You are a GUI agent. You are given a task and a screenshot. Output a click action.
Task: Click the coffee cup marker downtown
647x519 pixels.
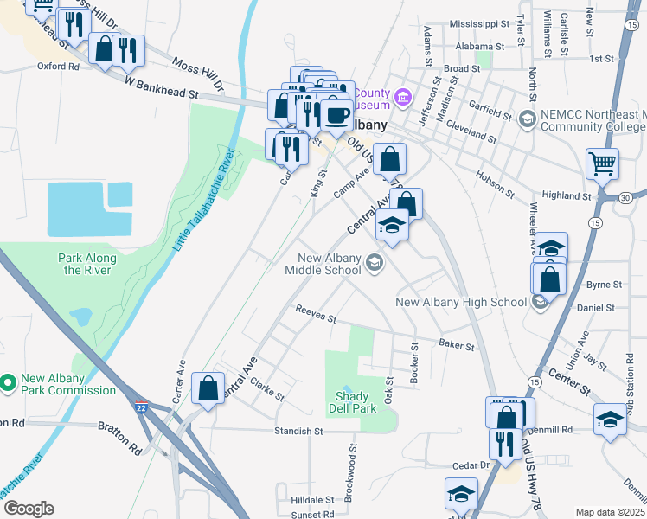click(x=337, y=114)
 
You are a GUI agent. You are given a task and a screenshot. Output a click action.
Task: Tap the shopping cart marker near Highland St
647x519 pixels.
click(x=602, y=162)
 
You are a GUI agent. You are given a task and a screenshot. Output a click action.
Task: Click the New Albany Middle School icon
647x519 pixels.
click(x=374, y=263)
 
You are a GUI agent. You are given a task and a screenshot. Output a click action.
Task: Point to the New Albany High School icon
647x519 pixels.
click(x=540, y=302)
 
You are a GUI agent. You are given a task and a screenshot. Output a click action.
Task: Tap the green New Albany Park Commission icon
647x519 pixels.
click(x=9, y=381)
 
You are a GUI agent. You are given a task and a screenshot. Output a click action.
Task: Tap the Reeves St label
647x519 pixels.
click(x=315, y=313)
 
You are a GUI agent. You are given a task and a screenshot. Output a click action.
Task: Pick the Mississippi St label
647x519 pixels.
click(x=478, y=25)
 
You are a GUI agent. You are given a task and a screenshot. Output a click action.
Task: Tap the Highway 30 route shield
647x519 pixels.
click(x=625, y=198)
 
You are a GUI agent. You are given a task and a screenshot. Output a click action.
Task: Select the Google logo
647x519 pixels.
click(x=29, y=508)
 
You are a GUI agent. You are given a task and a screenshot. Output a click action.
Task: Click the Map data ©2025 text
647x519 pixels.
click(x=610, y=512)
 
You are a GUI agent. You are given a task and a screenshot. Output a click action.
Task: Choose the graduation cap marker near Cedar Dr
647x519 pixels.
click(x=460, y=494)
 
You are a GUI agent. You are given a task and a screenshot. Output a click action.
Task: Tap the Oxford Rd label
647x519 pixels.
click(x=58, y=66)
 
